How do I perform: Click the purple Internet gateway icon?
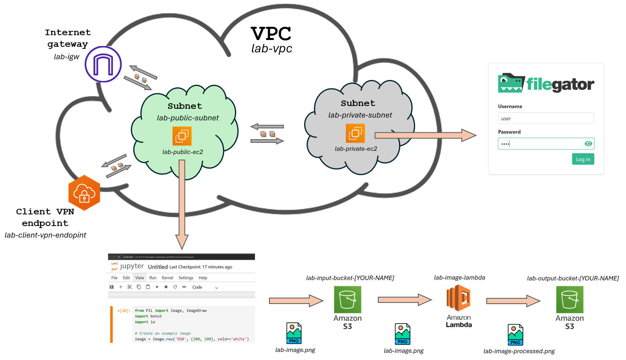(103, 64)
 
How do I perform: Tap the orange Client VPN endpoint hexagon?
(84, 193)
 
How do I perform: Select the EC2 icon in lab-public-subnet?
(182, 136)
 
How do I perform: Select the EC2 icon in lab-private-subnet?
(355, 133)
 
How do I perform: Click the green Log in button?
(583, 159)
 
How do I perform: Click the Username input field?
(546, 118)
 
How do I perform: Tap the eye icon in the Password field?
(588, 144)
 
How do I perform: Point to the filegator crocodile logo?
(511, 83)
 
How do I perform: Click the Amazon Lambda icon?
(459, 298)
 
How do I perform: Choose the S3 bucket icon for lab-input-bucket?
(347, 300)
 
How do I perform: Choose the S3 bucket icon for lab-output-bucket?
(570, 300)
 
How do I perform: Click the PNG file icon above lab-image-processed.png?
(516, 334)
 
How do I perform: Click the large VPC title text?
(271, 34)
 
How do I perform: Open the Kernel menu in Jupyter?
(167, 278)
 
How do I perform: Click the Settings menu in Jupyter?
(186, 278)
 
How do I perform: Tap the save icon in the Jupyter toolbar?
(112, 287)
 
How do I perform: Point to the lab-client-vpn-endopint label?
(45, 235)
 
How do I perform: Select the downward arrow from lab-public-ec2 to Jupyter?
(182, 204)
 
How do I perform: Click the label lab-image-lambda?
(459, 278)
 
